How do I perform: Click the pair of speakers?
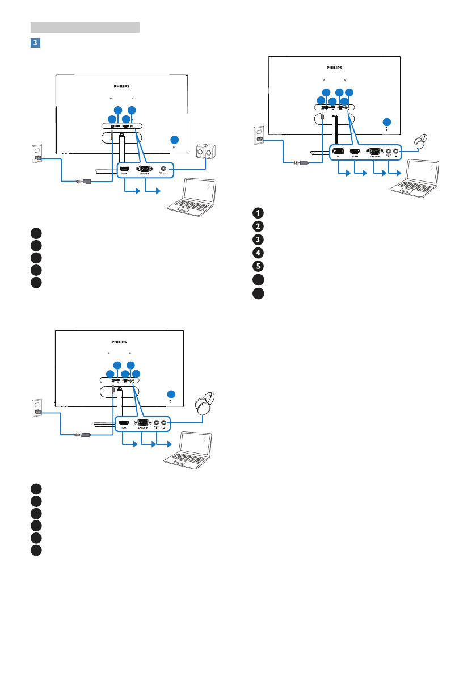205,154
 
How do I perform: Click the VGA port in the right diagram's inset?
374,152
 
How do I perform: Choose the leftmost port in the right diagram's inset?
339,152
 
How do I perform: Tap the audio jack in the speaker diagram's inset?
165,169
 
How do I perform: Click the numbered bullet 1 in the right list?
258,213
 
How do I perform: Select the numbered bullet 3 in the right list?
258,238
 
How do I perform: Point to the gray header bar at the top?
85,27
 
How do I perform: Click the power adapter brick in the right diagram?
304,163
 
